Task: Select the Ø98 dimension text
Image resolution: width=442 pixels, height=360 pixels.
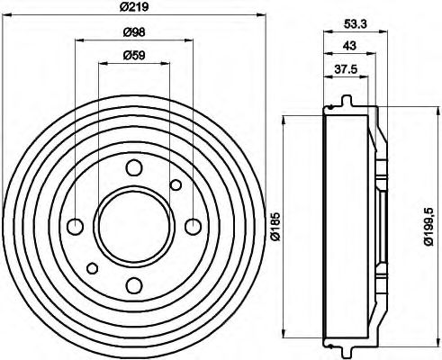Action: tap(135, 32)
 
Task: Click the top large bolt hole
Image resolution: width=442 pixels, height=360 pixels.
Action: tap(134, 167)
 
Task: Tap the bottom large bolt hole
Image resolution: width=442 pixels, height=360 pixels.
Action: tap(134, 285)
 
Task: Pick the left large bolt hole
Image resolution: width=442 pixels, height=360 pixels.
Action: tap(76, 226)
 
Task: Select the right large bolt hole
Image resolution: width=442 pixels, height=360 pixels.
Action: tap(193, 226)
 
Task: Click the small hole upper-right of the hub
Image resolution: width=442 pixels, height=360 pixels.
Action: tap(176, 185)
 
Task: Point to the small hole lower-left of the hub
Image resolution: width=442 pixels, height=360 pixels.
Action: tap(93, 267)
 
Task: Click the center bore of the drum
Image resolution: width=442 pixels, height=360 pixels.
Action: tap(134, 226)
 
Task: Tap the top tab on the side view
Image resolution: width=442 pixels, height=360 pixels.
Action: tap(346, 98)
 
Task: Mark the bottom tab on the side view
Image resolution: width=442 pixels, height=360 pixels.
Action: tap(346, 348)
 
